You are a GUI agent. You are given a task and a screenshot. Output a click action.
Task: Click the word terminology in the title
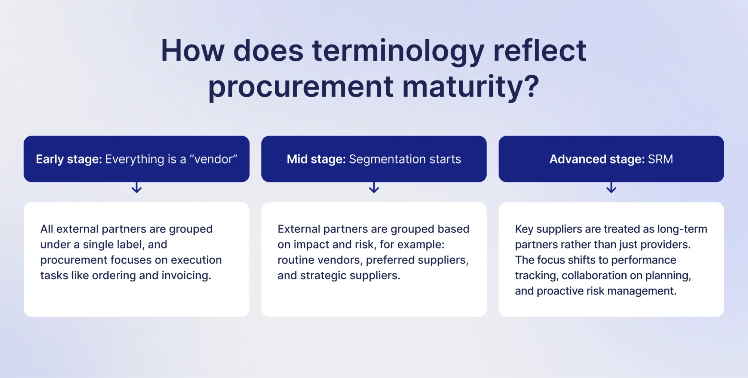[398, 51]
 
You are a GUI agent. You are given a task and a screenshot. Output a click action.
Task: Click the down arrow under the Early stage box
[137, 187]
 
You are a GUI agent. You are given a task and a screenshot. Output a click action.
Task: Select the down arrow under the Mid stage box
[374, 187]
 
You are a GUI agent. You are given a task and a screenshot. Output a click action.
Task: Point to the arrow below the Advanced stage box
[611, 187]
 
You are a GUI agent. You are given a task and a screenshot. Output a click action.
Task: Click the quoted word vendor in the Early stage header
[214, 159]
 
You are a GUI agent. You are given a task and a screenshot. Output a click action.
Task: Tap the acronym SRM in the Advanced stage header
[660, 159]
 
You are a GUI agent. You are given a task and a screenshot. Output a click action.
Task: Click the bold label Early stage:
[69, 159]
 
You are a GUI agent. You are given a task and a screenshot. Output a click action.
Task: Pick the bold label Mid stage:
[316, 159]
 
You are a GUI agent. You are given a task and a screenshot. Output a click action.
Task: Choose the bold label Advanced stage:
[597, 159]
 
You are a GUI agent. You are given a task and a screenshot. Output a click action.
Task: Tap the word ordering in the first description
[114, 275]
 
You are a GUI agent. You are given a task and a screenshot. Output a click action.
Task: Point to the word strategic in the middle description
[324, 275]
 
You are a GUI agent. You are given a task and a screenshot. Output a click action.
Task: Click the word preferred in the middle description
[390, 260]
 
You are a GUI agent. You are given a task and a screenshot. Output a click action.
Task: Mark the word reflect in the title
[539, 51]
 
